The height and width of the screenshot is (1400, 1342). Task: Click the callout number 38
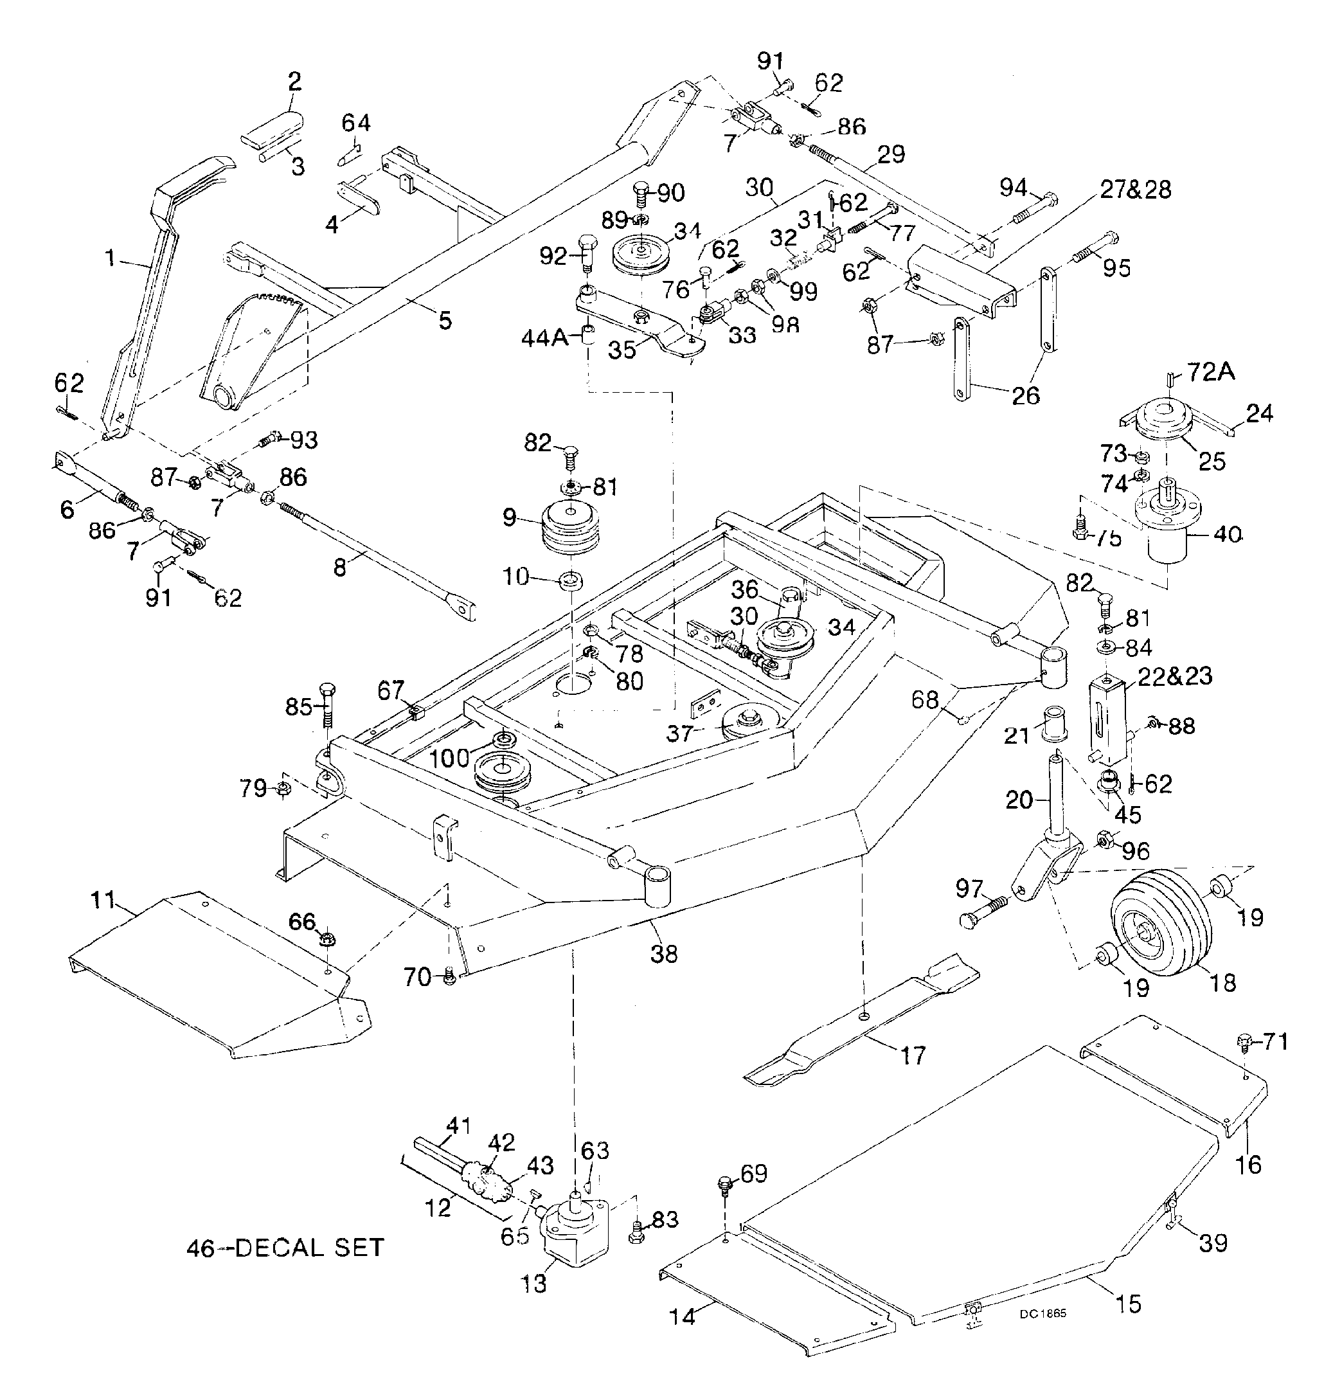pos(664,953)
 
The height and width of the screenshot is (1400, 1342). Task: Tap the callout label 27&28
pos(1136,190)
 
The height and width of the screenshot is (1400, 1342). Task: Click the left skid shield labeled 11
pos(214,971)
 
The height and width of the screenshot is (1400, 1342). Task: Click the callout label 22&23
pos(1175,676)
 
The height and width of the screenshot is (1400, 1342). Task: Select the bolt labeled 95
pos(1093,246)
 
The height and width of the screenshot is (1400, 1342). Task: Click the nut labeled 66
pos(328,937)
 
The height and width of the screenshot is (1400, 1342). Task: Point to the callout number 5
pos(445,321)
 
